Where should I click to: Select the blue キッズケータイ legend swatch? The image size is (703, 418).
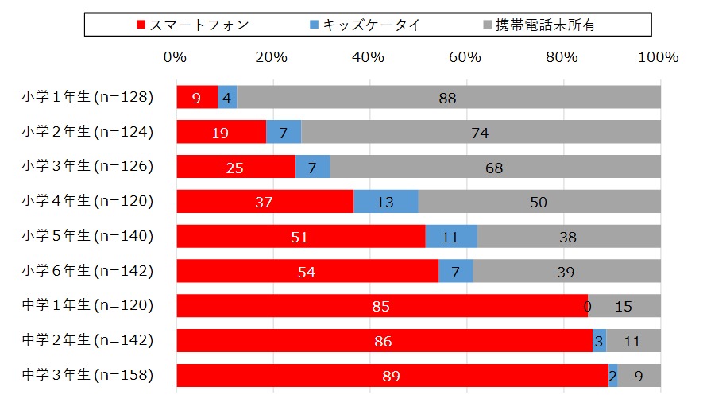(313, 25)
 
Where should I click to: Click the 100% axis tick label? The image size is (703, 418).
(659, 57)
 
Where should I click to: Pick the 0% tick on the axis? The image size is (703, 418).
(175, 57)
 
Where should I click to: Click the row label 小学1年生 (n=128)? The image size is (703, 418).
(87, 97)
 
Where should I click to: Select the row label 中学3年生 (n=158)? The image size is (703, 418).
(87, 375)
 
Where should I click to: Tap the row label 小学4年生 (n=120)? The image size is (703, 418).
(87, 201)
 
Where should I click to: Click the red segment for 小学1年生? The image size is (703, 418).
(196, 97)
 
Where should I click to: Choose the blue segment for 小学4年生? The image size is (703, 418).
(385, 202)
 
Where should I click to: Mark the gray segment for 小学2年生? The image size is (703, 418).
(480, 132)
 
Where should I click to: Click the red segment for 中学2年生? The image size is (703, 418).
(384, 341)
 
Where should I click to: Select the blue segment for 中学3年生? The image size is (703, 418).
(612, 376)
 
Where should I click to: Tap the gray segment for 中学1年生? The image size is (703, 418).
(624, 306)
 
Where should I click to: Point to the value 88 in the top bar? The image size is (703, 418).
(447, 98)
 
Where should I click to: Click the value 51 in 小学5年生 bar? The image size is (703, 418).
(300, 237)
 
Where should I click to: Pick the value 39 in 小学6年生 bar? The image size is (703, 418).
(566, 272)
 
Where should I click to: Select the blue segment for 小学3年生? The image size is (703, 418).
(312, 167)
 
